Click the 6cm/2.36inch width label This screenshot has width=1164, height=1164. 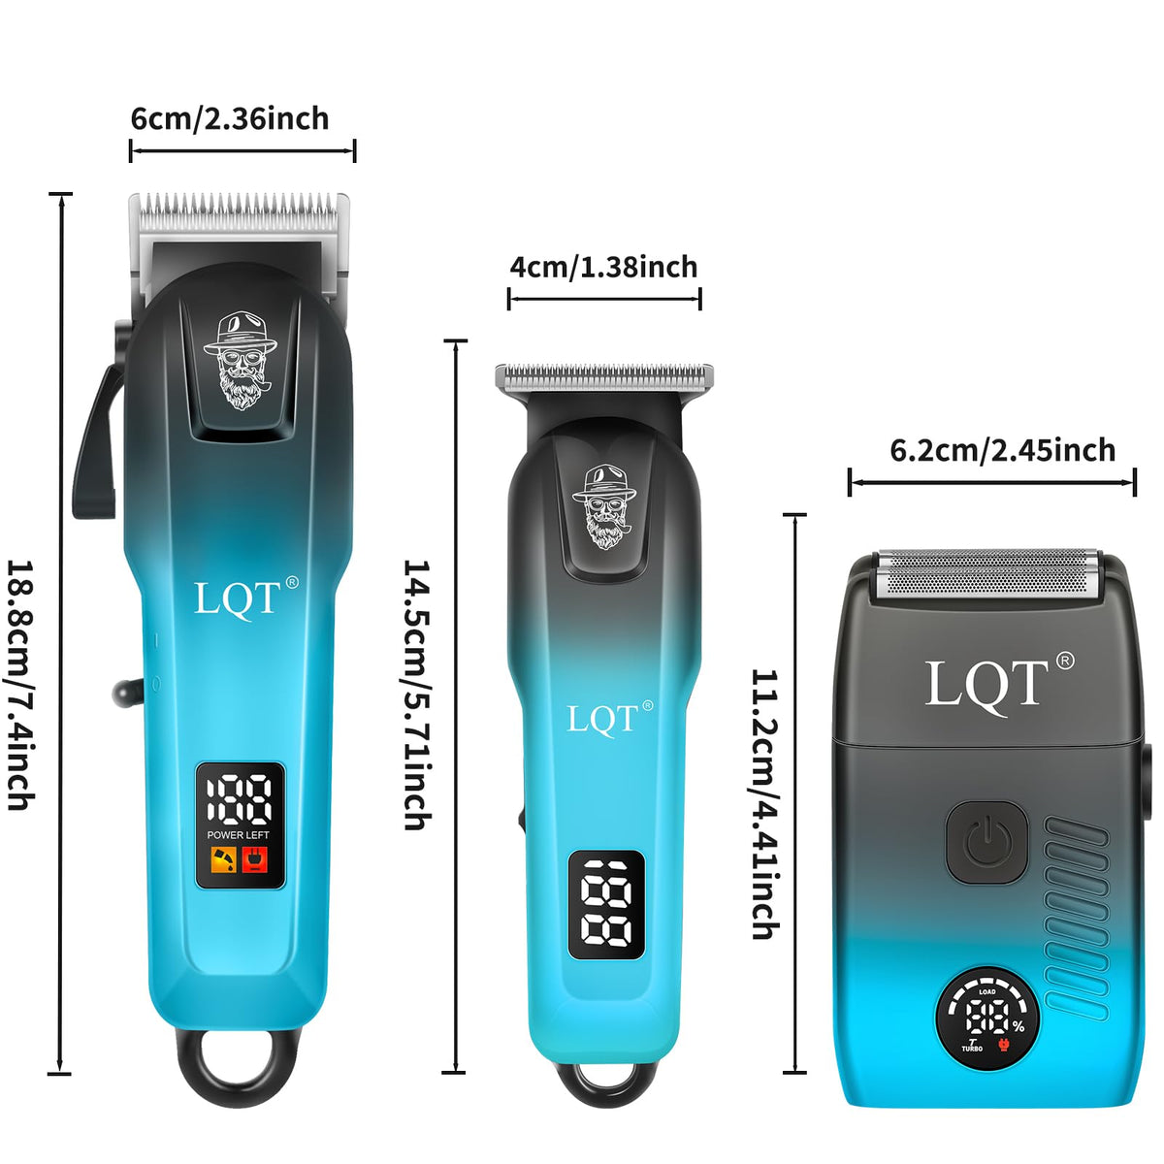230,119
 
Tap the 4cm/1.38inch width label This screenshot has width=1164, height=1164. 603,267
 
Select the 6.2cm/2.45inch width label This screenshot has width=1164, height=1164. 1003,451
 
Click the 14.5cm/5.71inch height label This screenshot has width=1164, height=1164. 417,695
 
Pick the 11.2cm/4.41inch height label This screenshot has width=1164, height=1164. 764,803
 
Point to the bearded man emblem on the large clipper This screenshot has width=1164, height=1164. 241,361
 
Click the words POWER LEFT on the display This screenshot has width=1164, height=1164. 238,835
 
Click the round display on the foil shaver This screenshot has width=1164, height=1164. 987,1020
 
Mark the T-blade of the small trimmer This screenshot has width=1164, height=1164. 604,377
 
